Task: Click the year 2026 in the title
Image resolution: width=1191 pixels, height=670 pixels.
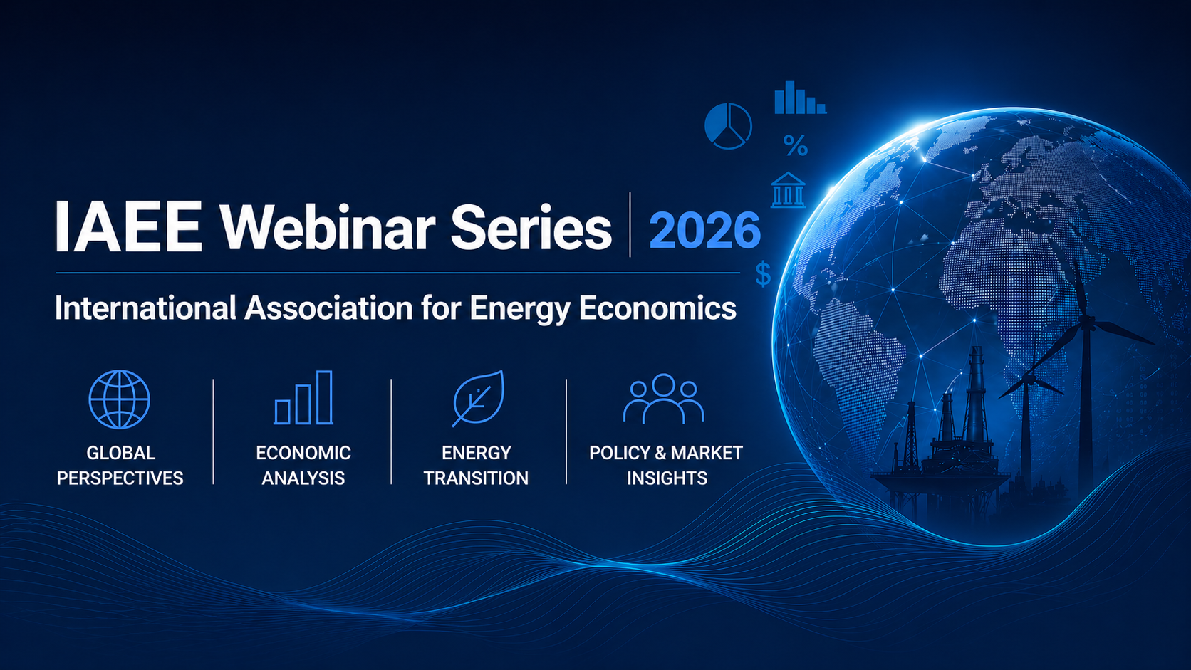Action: click(x=705, y=230)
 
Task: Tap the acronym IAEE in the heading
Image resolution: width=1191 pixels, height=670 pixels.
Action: click(x=128, y=226)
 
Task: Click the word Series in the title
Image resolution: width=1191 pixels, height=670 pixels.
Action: click(x=531, y=227)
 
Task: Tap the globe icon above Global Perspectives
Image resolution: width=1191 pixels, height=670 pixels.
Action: click(x=119, y=399)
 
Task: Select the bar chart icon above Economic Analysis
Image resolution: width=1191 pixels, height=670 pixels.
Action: click(x=303, y=397)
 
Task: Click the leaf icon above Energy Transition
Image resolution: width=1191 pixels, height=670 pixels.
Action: click(x=478, y=398)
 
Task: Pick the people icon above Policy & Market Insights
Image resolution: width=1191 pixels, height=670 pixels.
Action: click(x=664, y=399)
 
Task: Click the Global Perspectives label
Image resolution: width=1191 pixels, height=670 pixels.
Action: click(x=120, y=466)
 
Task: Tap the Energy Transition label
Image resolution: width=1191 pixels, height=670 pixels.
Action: click(x=476, y=466)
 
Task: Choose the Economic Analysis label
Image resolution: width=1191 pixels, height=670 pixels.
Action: click(x=303, y=466)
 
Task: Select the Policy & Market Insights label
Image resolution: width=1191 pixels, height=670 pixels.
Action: click(x=666, y=466)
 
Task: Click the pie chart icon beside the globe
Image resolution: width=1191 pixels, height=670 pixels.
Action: click(x=728, y=127)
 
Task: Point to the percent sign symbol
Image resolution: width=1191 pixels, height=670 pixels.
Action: click(x=796, y=145)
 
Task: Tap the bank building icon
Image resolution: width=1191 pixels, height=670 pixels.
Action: click(x=788, y=189)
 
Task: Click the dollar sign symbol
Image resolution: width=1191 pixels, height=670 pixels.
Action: click(x=764, y=273)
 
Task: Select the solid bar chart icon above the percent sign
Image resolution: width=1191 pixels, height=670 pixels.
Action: click(x=800, y=98)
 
